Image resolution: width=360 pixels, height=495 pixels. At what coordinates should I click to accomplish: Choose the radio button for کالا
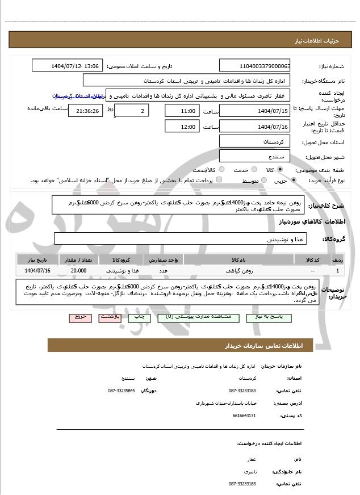coord(279,170)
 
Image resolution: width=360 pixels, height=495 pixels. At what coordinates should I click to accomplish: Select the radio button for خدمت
coord(248,170)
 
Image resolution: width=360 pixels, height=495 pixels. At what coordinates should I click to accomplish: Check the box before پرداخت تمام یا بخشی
coord(219,180)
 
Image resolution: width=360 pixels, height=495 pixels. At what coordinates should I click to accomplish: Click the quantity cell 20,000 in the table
coord(78,270)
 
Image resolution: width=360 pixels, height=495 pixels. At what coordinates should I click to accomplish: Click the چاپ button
coord(145,317)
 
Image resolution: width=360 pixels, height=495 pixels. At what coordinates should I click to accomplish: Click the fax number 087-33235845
coord(122,391)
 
